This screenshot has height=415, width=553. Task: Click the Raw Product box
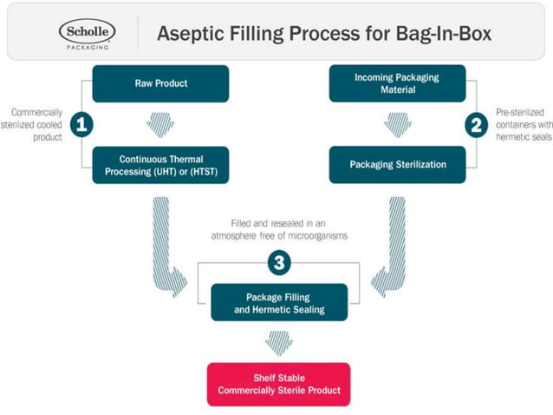click(x=161, y=83)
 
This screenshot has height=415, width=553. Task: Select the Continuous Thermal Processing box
click(x=161, y=165)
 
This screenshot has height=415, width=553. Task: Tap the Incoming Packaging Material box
click(x=397, y=83)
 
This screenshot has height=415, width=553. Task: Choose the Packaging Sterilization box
click(x=397, y=164)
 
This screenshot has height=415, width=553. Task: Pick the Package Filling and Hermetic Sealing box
click(x=279, y=302)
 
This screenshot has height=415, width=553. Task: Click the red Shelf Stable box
click(x=278, y=384)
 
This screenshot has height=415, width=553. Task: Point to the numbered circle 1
click(x=81, y=125)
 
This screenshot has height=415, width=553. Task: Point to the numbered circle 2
click(x=475, y=125)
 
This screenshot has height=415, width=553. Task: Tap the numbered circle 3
click(x=278, y=260)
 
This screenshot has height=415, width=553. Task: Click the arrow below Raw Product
click(x=160, y=124)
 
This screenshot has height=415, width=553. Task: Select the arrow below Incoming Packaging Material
click(x=397, y=124)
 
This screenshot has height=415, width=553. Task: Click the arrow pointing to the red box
click(x=278, y=342)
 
